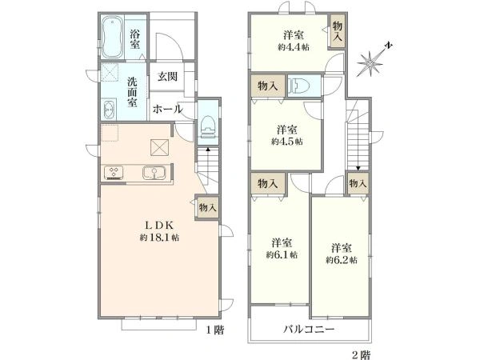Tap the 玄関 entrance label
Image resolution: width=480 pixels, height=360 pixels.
pyautogui.click(x=166, y=77)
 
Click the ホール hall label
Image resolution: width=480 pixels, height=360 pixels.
pyautogui.click(x=166, y=108)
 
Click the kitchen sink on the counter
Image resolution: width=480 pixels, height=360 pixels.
pyautogui.click(x=152, y=172)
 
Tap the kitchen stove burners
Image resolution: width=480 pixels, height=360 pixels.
pyautogui.click(x=112, y=172)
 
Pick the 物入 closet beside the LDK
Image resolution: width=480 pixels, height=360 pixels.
pyautogui.click(x=206, y=206)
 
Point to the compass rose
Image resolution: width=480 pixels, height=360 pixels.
pyautogui.click(x=374, y=60)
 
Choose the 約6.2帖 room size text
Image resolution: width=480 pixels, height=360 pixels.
pyautogui.click(x=341, y=260)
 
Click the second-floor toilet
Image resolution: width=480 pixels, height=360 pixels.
pyautogui.click(x=301, y=86)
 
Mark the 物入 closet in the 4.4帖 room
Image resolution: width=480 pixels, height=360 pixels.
pyautogui.click(x=338, y=33)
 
